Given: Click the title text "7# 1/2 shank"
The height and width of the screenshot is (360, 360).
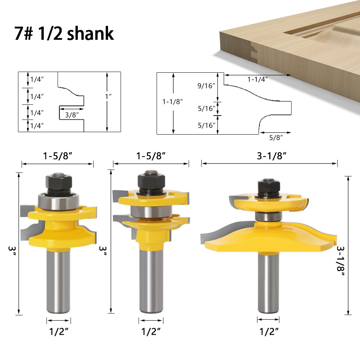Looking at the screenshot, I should click(x=64, y=33).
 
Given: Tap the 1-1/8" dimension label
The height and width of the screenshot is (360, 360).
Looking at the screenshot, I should click(x=173, y=102).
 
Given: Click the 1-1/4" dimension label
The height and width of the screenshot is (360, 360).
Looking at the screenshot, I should click(x=257, y=80).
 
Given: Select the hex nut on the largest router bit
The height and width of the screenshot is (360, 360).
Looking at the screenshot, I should click(x=270, y=188).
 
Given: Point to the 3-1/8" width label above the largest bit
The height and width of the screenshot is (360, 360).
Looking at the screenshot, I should click(x=269, y=156).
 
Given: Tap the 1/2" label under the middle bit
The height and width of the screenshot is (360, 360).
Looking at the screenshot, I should click(x=151, y=331).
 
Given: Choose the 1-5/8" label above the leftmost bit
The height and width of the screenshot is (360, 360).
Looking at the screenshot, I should click(x=57, y=156).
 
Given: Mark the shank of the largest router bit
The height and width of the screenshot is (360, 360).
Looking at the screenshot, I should click(x=269, y=281).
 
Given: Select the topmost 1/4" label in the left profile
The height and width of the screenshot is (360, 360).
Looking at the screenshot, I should click(x=37, y=80).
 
